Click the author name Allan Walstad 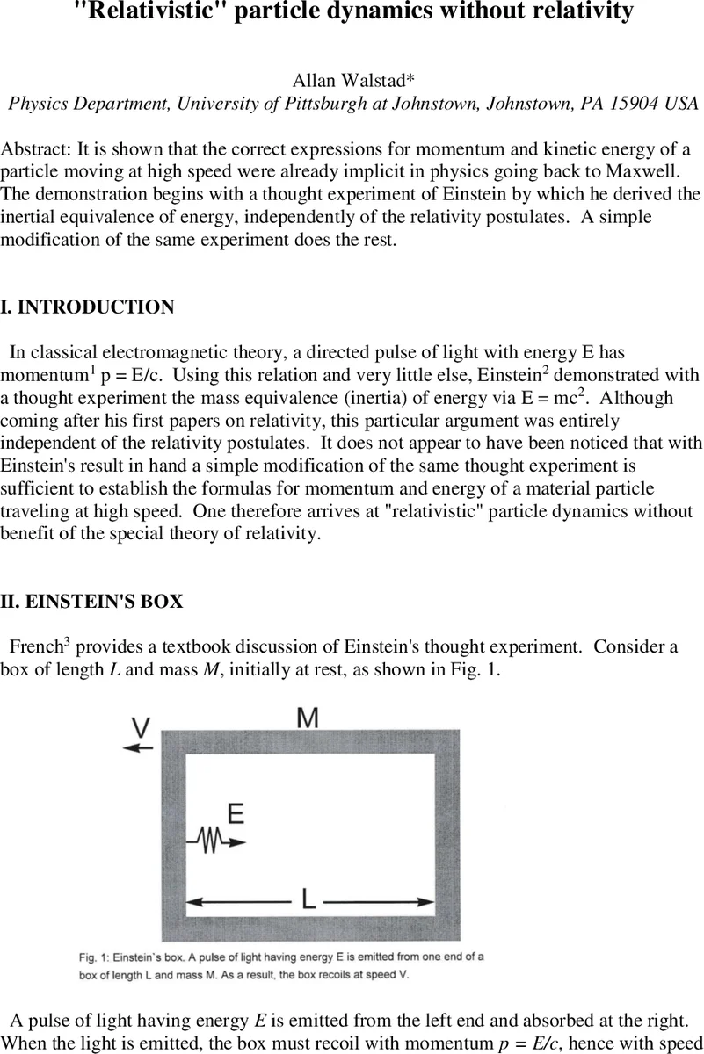click(352, 81)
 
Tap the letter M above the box click(307, 718)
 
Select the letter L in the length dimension click(308, 899)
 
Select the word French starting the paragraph click(34, 648)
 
